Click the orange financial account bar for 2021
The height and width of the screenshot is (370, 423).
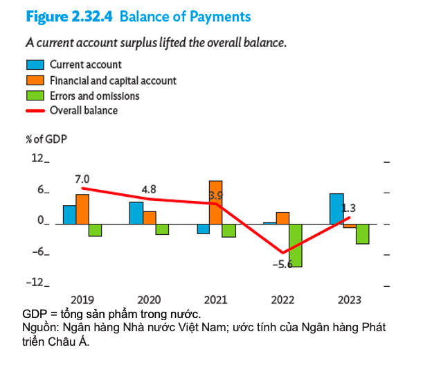pos(215,202)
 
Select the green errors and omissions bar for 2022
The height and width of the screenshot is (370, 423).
pos(295,245)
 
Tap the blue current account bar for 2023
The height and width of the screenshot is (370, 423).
pos(336,209)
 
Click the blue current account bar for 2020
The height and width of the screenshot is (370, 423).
pos(136,213)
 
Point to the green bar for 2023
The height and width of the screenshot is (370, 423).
pos(362,234)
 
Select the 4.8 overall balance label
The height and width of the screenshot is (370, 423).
pos(148,188)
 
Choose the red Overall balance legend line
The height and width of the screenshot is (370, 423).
pos(35,111)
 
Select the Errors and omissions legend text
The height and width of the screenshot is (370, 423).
pos(94,96)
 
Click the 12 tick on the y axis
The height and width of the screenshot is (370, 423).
pos(36,159)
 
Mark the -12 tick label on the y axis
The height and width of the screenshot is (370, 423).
pos(34,282)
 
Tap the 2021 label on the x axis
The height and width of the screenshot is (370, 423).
pos(216,300)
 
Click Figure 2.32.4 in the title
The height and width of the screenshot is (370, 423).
pos(70,15)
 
